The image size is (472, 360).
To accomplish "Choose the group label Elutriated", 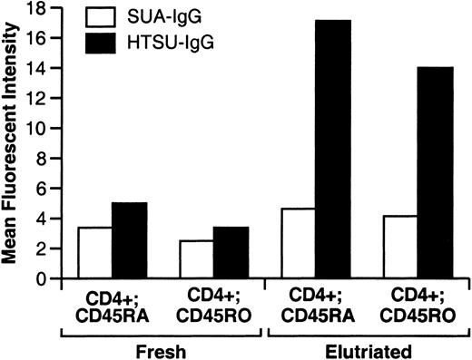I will point(353,349).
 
